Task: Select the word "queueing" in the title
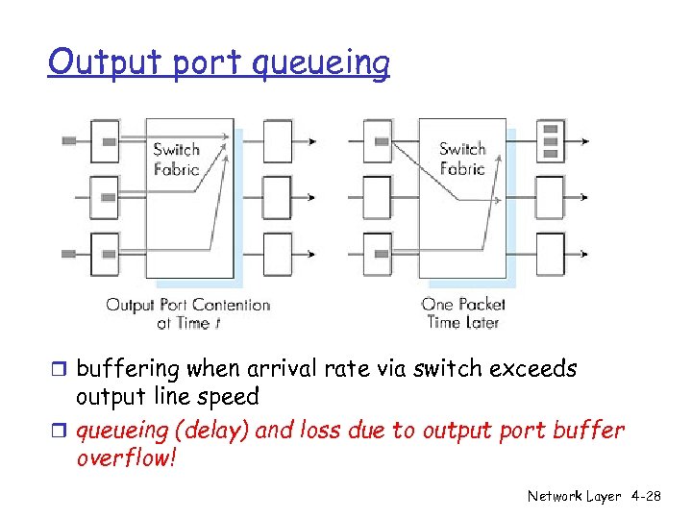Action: click(321, 65)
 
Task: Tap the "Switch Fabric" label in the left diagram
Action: click(177, 160)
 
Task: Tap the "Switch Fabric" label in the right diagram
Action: click(462, 159)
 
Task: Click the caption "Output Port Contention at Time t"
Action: click(187, 314)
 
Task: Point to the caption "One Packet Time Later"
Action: click(463, 314)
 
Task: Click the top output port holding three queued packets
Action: click(550, 140)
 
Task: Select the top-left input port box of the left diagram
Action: click(105, 141)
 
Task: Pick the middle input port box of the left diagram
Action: click(105, 197)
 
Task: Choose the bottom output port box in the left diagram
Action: click(277, 254)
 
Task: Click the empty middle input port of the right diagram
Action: click(378, 197)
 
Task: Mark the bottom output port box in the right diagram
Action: click(550, 254)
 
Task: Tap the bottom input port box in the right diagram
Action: click(378, 254)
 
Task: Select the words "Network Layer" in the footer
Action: click(575, 496)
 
